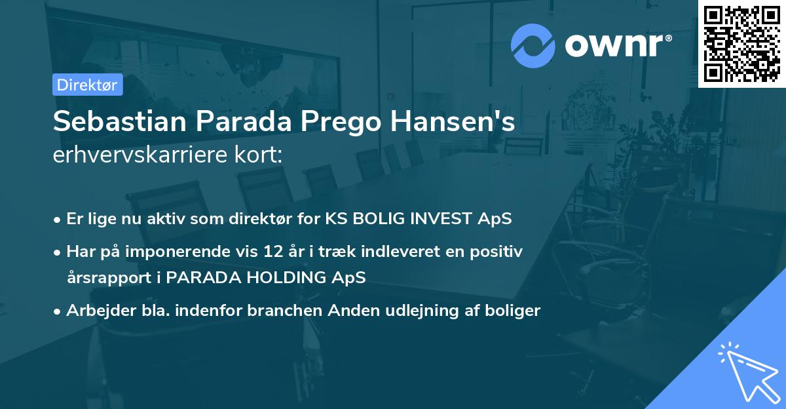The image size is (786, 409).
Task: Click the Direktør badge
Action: [88, 85]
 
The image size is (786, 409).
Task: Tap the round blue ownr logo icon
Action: [533, 46]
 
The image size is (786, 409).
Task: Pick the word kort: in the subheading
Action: [260, 155]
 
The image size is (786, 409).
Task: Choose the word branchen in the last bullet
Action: [276, 311]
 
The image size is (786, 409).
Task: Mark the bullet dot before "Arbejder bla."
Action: [58, 311]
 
